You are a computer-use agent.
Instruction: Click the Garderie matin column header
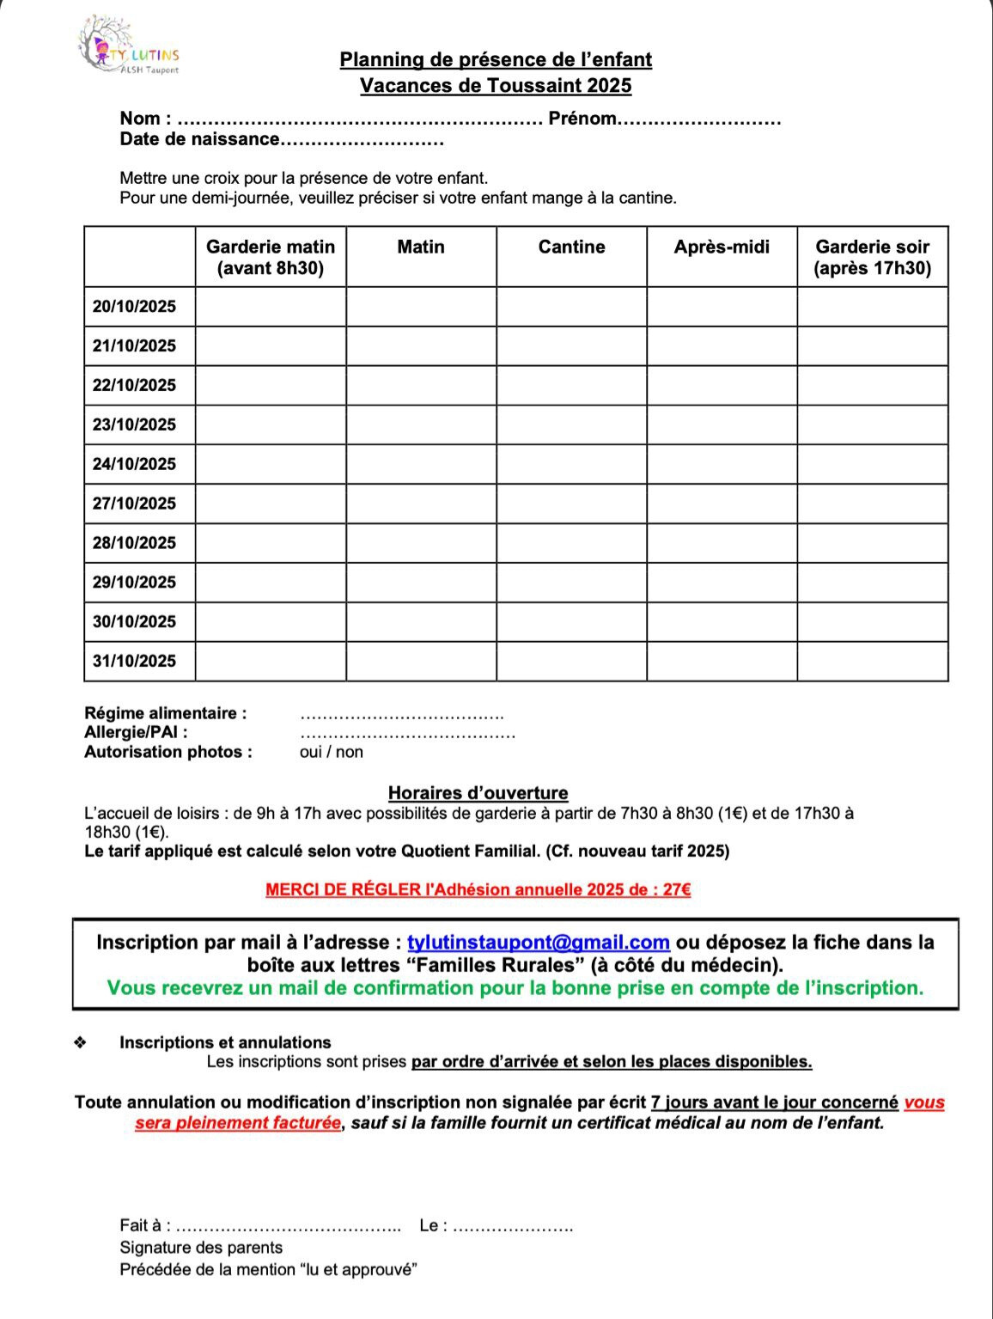[271, 257]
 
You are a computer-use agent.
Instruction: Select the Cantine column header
[571, 247]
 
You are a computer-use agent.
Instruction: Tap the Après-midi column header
[722, 247]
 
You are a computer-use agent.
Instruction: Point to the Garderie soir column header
[872, 257]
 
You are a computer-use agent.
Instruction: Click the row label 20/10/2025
[135, 307]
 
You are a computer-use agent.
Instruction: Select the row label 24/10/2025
[135, 464]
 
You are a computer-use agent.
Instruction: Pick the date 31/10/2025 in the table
[135, 661]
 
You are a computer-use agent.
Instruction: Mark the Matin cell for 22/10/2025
[421, 385]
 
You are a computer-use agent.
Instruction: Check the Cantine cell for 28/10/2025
[571, 543]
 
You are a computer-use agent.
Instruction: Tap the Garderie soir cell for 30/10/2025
[872, 621]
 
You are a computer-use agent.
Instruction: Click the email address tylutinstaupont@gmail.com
[538, 943]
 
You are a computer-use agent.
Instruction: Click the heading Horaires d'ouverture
[478, 793]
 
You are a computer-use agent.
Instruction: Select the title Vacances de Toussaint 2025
[496, 86]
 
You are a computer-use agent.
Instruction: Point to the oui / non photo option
[332, 753]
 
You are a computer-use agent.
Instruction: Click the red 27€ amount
[676, 890]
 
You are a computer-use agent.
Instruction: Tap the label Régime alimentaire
[165, 713]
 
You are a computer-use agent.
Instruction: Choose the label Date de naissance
[199, 139]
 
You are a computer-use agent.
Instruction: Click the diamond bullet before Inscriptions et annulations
[81, 1043]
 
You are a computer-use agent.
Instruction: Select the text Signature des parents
[201, 1248]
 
